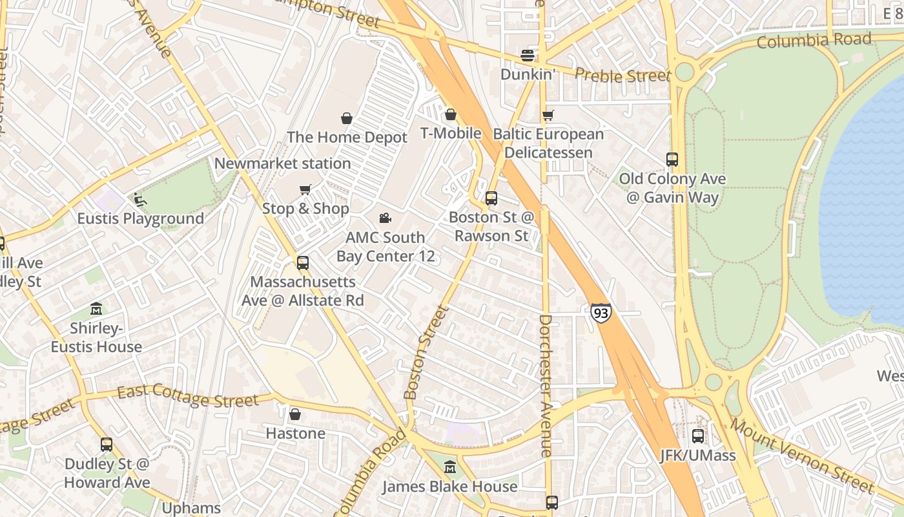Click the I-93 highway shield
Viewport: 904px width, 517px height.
point(601,313)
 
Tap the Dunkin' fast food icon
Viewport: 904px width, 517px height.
point(528,56)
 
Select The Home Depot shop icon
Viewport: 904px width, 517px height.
point(347,118)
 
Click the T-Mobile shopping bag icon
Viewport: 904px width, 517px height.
point(451,114)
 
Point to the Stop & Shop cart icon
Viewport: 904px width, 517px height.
point(305,189)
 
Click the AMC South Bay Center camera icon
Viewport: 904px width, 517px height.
point(385,218)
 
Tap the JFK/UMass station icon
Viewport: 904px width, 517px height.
point(697,436)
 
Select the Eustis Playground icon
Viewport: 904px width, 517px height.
point(140,200)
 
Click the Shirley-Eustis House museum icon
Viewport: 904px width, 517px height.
point(96,309)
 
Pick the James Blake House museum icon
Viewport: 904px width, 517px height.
point(450,467)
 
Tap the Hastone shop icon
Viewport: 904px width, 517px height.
point(295,414)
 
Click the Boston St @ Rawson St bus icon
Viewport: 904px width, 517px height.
point(491,198)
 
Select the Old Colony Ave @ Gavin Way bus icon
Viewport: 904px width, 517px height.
point(672,160)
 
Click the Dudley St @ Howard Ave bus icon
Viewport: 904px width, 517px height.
point(107,445)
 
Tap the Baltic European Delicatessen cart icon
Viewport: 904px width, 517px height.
point(548,116)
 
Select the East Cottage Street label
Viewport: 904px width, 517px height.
point(188,397)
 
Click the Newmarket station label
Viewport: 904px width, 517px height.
point(282,164)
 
